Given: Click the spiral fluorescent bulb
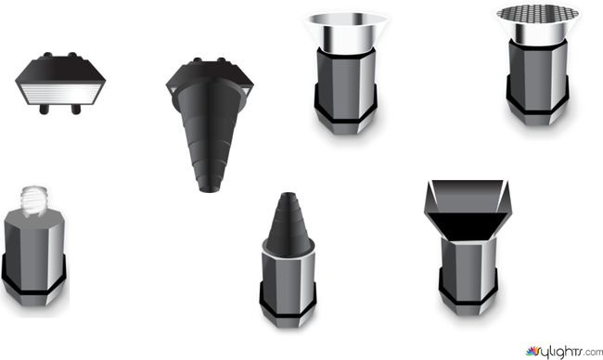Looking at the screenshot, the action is point(33,201).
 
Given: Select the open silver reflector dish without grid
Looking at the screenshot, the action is point(346,32).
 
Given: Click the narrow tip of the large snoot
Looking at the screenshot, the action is point(210,188).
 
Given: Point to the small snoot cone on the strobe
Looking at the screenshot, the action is point(289,225).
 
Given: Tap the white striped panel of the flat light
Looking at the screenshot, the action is point(60,94).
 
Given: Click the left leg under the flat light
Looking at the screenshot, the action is point(45,109).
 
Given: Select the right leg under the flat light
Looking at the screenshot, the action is point(76,109).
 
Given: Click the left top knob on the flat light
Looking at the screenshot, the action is point(47,55).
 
